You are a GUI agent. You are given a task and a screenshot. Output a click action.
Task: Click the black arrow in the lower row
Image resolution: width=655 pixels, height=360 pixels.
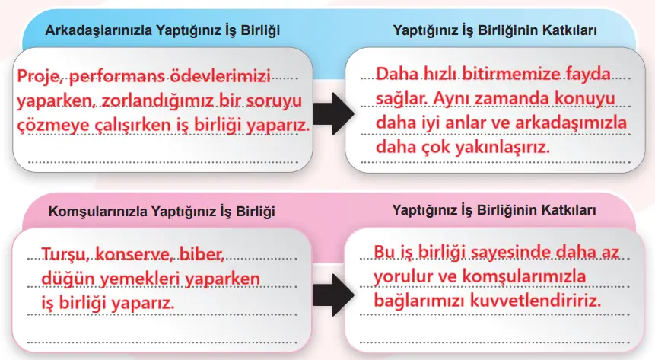click(x=332, y=290)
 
